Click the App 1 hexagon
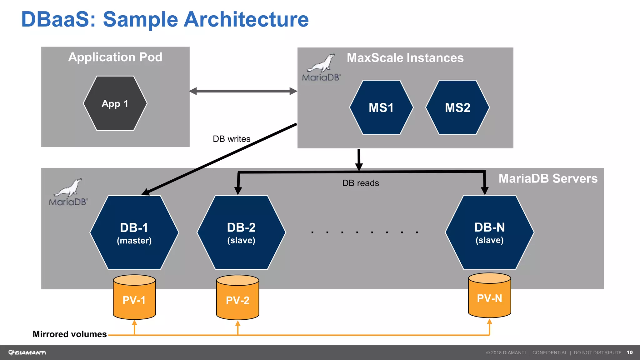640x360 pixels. click(115, 103)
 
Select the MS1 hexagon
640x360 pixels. click(381, 107)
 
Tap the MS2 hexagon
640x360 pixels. click(457, 107)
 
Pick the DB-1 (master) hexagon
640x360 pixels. click(134, 233)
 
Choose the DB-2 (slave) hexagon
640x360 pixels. click(241, 232)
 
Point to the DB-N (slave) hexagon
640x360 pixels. click(489, 232)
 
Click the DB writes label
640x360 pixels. click(232, 139)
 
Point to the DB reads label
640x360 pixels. click(360, 183)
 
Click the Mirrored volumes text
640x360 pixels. click(70, 334)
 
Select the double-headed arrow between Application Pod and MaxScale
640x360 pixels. click(243, 91)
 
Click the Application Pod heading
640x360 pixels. click(115, 57)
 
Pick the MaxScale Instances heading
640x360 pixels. click(405, 58)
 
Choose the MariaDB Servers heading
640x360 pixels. click(548, 178)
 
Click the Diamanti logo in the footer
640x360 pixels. click(27, 352)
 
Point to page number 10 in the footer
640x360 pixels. click(629, 352)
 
